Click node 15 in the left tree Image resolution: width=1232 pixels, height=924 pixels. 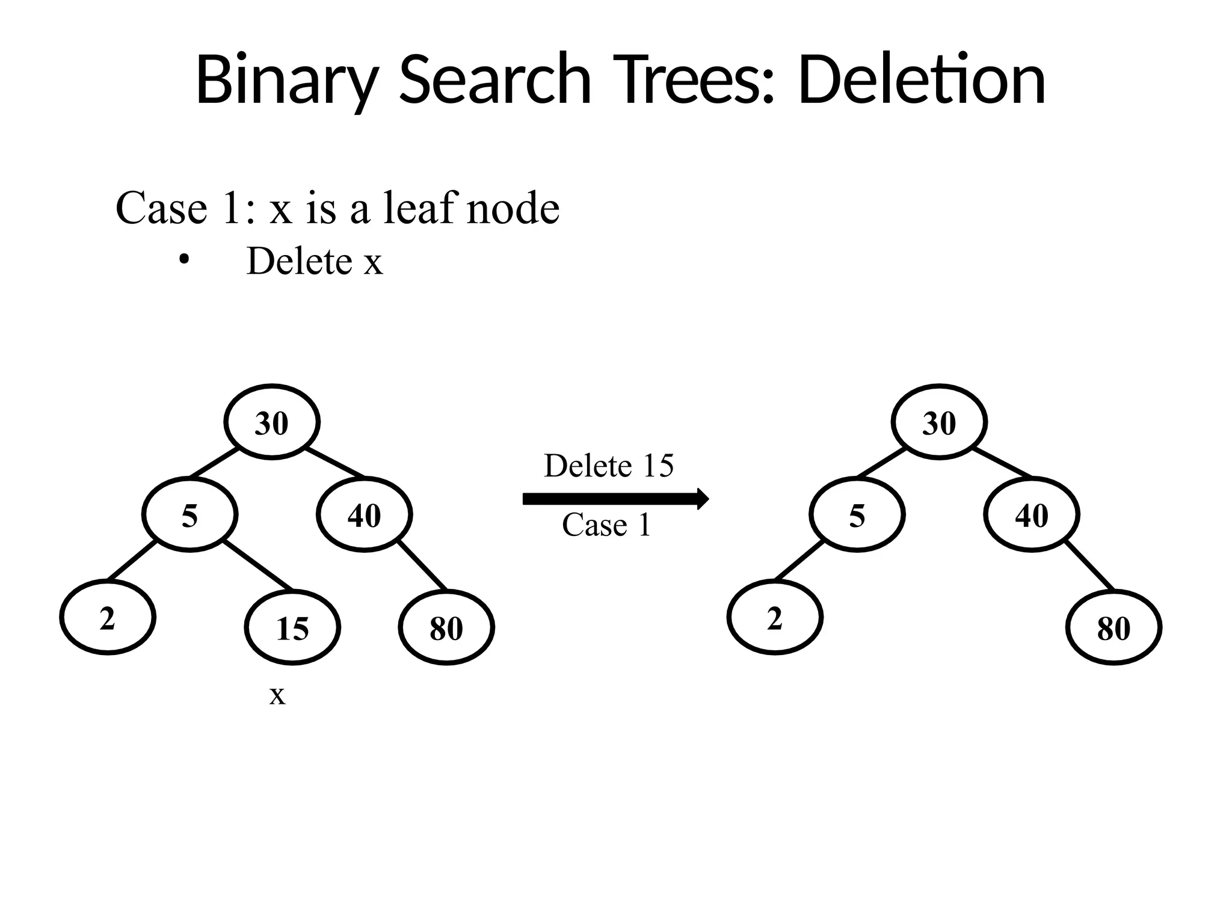click(x=292, y=627)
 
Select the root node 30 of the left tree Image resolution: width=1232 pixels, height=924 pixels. click(x=272, y=422)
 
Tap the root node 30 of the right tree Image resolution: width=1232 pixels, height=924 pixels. click(x=939, y=422)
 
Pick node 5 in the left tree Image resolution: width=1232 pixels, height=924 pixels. click(x=190, y=515)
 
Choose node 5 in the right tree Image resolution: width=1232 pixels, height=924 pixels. click(x=857, y=515)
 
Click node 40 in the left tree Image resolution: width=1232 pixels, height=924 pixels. click(x=365, y=515)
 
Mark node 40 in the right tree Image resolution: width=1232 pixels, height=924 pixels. click(x=1032, y=515)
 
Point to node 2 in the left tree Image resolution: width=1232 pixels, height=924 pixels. click(x=108, y=617)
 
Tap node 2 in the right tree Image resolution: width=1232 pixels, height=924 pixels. click(x=775, y=617)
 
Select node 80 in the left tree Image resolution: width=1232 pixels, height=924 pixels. click(x=446, y=627)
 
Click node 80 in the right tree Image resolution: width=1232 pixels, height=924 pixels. click(x=1113, y=627)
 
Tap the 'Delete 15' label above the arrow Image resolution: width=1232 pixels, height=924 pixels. click(x=609, y=466)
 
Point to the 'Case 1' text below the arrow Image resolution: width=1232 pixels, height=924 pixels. click(x=606, y=525)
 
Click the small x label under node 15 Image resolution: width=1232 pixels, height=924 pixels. click(x=277, y=696)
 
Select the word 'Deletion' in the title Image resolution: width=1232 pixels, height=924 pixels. click(x=922, y=80)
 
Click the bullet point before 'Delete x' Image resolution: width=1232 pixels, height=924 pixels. click(x=184, y=260)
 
